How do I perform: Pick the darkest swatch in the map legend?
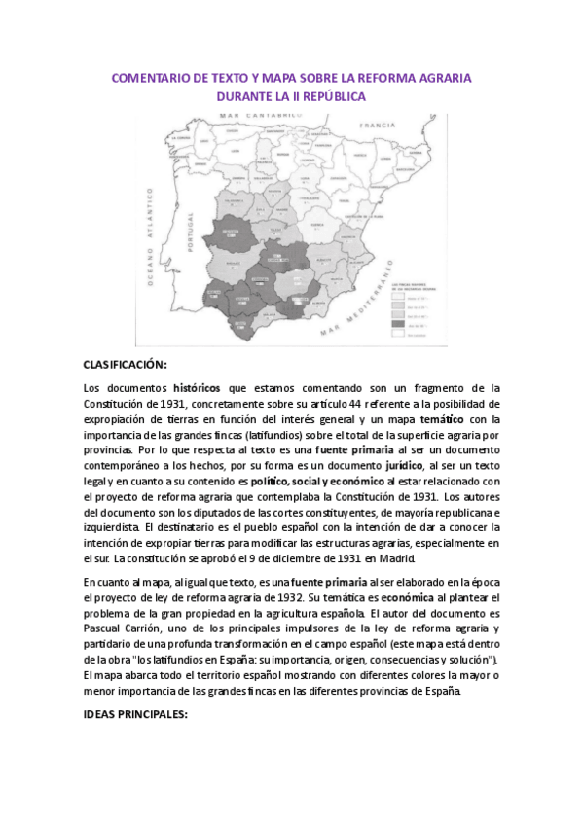click(x=398, y=324)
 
